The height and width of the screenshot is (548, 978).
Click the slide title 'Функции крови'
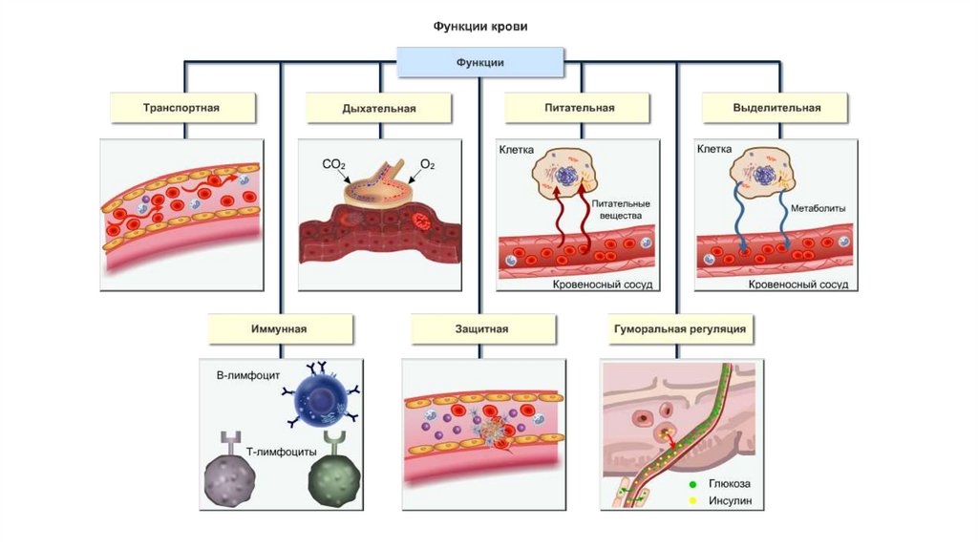point(478,27)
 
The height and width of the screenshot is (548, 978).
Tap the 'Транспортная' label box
point(181,108)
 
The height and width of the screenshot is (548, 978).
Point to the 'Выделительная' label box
point(776,108)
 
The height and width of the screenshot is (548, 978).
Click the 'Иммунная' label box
point(280,328)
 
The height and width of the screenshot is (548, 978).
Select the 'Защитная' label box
point(481,328)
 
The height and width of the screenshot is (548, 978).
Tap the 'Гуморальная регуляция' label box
point(676,328)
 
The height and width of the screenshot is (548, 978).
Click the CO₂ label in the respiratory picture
point(333,165)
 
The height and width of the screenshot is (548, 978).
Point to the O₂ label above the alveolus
point(427,165)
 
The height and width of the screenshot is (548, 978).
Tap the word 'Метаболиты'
point(819,207)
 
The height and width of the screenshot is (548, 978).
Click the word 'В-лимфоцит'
point(247,376)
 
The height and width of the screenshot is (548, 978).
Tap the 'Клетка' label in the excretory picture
point(714,150)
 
